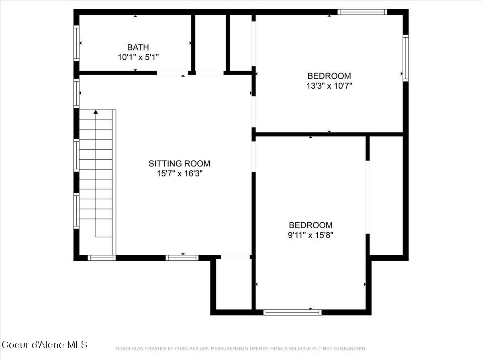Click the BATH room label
click(138, 47)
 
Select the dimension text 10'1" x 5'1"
click(138, 57)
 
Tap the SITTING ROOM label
click(179, 164)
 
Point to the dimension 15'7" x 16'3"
click(179, 174)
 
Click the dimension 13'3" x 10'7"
click(329, 85)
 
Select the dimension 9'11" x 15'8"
click(310, 235)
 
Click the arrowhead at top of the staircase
click(96, 112)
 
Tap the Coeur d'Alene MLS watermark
click(44, 345)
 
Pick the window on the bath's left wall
click(76, 43)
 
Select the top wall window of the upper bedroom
click(362, 12)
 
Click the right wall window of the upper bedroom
click(406, 58)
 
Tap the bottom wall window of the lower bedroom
click(292, 312)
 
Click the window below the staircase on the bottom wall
click(101, 258)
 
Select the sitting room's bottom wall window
click(182, 258)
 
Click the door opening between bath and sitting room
click(171, 73)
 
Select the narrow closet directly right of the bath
click(210, 43)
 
